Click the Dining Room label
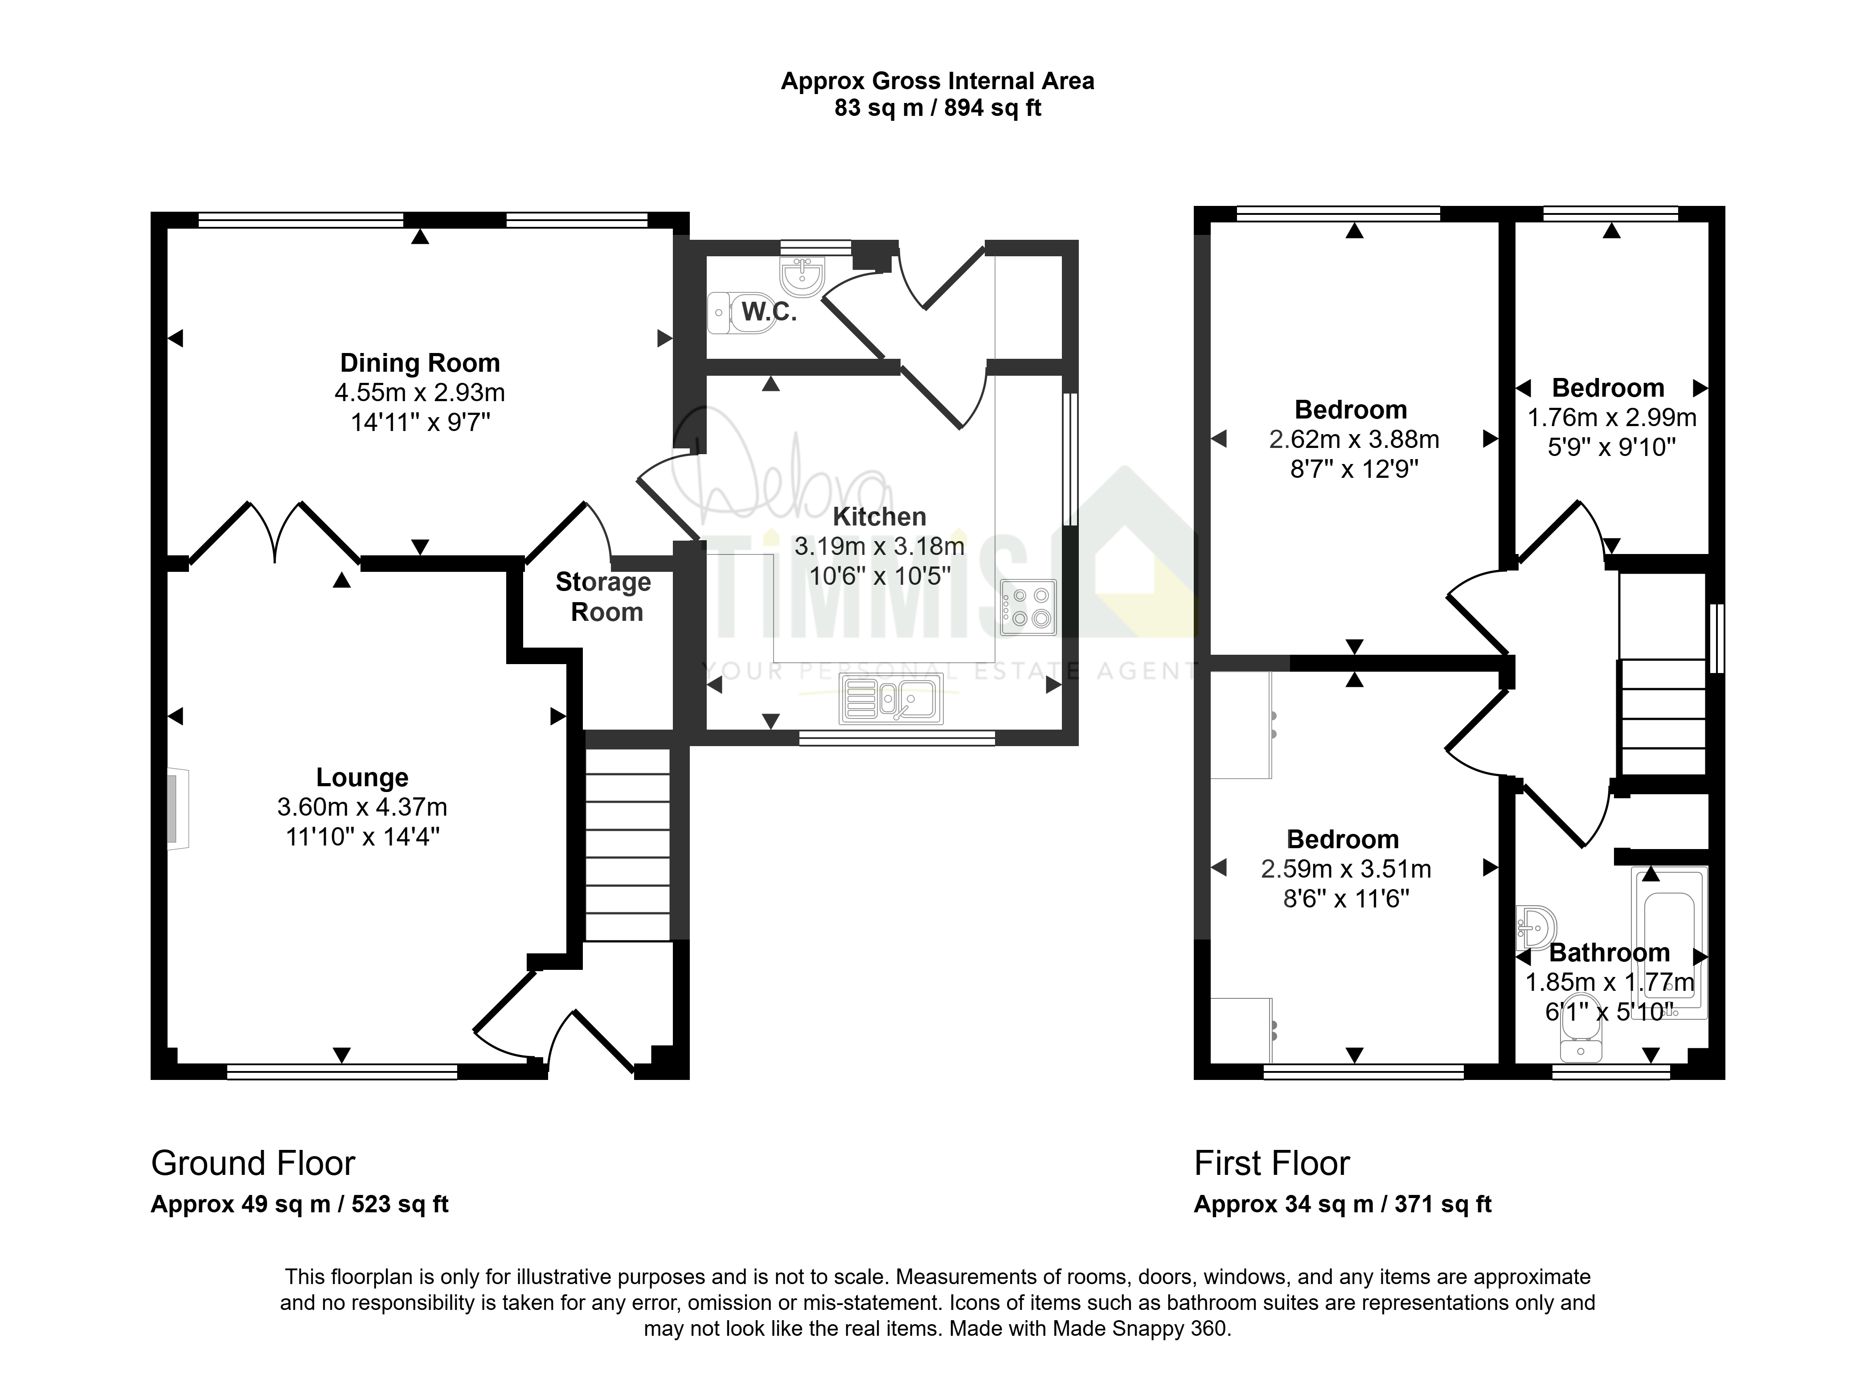(420, 363)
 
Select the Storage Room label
(604, 597)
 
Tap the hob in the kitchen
(1028, 607)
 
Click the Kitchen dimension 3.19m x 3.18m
(879, 546)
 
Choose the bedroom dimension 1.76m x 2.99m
(1611, 418)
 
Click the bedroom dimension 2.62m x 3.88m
(1354, 439)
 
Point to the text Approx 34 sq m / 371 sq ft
(1343, 1204)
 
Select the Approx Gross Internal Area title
(938, 82)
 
